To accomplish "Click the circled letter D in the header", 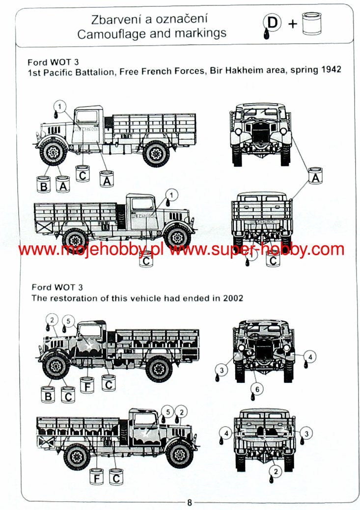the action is point(272,23).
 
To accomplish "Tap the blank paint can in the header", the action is point(311,24).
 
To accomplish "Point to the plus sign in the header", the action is point(293,24).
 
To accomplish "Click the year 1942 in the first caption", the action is point(331,70).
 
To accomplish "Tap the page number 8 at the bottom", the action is point(190,503).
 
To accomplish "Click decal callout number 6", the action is point(257,389).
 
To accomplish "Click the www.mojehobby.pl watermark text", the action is point(90,250).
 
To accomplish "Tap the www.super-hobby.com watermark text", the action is point(257,250).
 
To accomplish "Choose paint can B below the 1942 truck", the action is point(43,185).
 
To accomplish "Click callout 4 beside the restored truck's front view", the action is point(310,357).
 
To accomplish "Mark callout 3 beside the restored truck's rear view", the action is point(306,433).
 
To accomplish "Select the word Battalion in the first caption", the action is point(95,72).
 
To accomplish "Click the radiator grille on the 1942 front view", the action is point(260,132).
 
